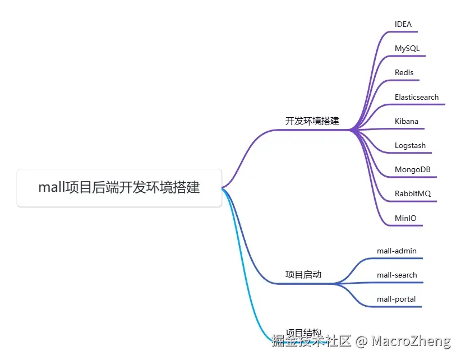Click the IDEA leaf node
403,24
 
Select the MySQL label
407,49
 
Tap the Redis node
404,73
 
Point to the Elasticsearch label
416,97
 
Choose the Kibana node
406,121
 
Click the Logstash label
410,145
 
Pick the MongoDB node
412,169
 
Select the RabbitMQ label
412,194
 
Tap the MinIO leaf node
405,218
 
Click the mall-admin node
397,251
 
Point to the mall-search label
397,275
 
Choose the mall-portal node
396,299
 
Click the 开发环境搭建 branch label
312,121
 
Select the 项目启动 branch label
303,274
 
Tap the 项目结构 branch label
303,333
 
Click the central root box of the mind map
119,188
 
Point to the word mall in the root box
51,188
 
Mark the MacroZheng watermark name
411,341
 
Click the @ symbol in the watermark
362,341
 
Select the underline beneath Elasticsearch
418,104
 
